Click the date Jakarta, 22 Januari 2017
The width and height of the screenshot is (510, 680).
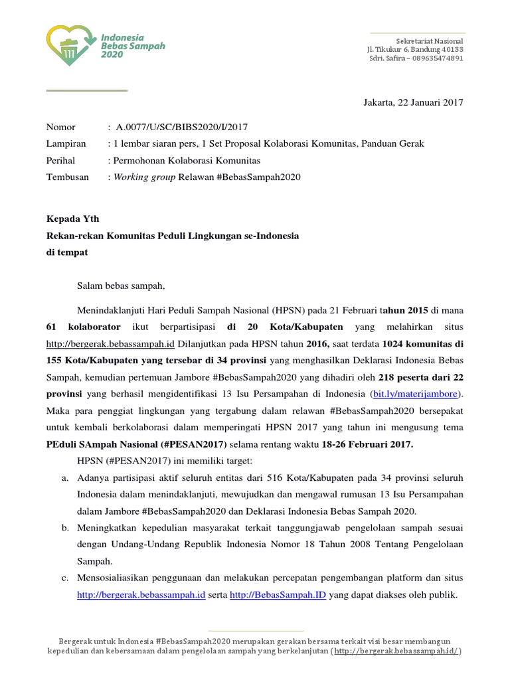412,102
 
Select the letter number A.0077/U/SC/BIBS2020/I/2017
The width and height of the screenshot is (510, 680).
181,127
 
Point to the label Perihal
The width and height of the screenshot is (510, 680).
60,160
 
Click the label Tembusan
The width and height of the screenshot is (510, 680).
67,177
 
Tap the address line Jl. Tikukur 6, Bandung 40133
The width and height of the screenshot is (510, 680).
415,49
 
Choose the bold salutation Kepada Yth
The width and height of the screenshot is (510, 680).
72,218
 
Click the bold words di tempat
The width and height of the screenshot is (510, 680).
66,252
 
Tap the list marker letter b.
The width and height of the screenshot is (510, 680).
65,527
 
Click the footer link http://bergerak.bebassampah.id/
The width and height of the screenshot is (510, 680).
396,651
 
